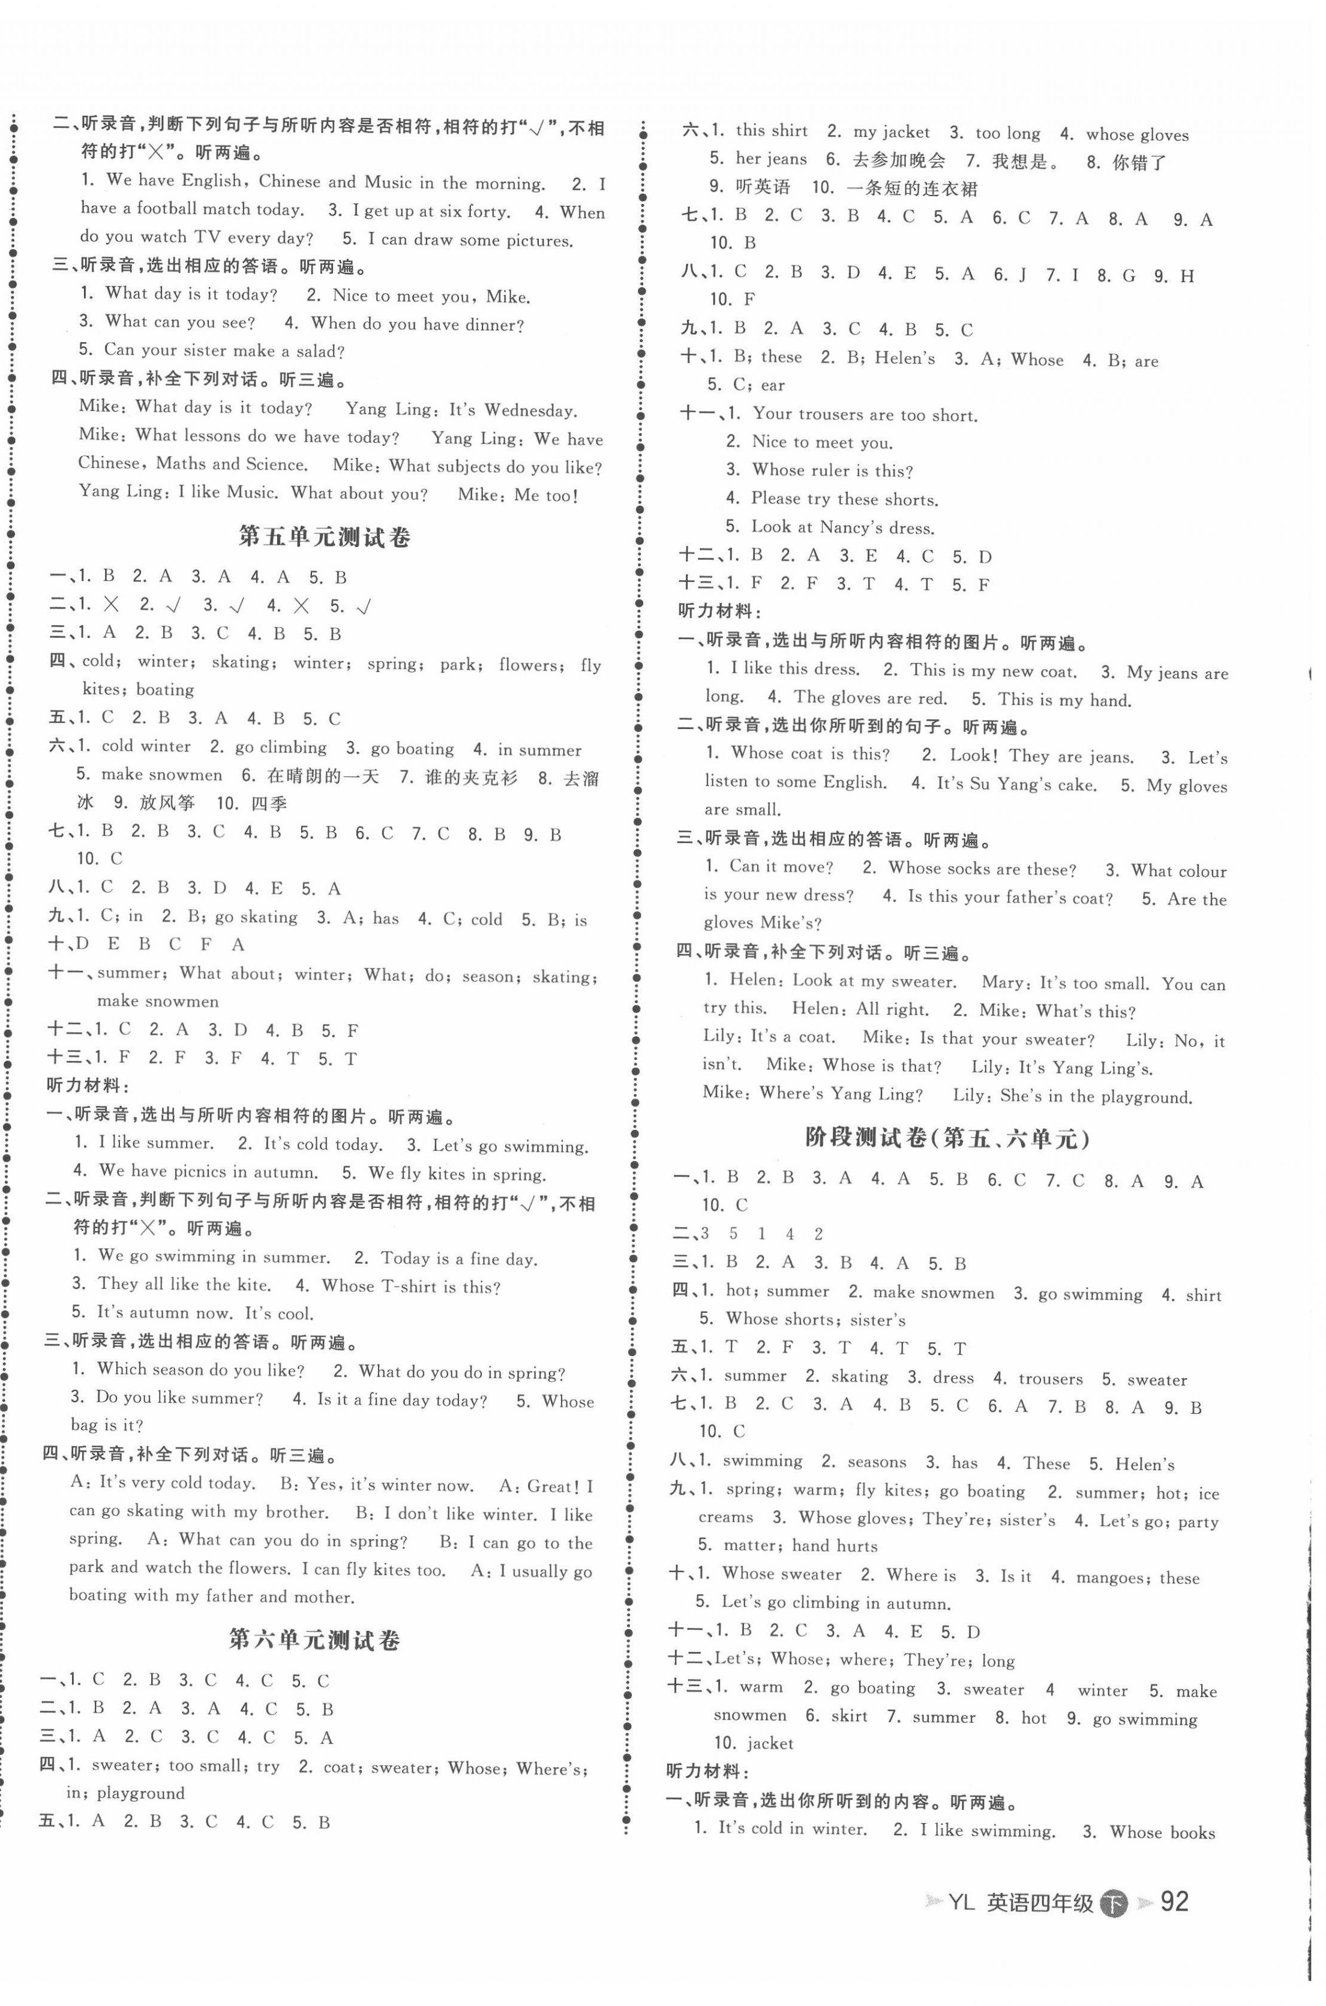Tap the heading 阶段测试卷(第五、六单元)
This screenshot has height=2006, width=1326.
coord(947,1138)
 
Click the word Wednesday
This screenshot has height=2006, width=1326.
coord(530,411)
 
